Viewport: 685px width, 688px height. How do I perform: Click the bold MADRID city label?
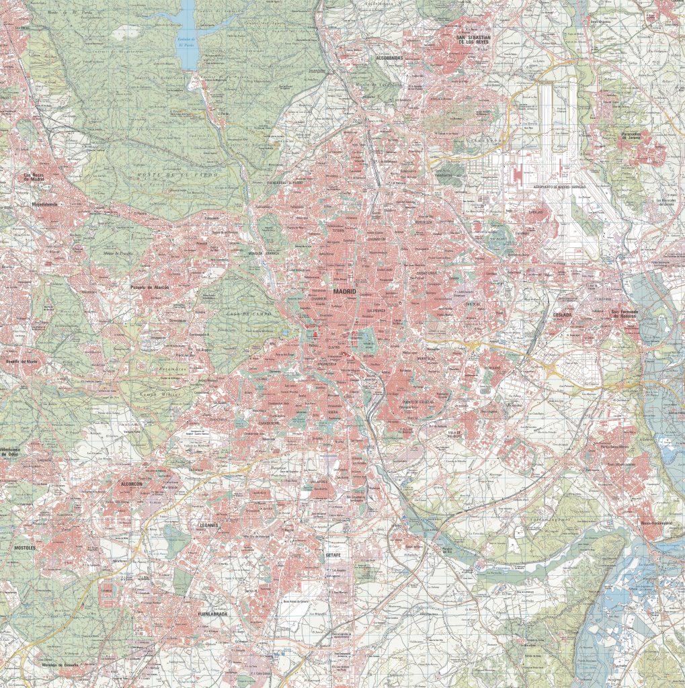point(344,292)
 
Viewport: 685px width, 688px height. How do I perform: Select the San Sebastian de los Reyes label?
point(474,39)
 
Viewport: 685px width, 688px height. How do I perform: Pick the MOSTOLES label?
point(25,548)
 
